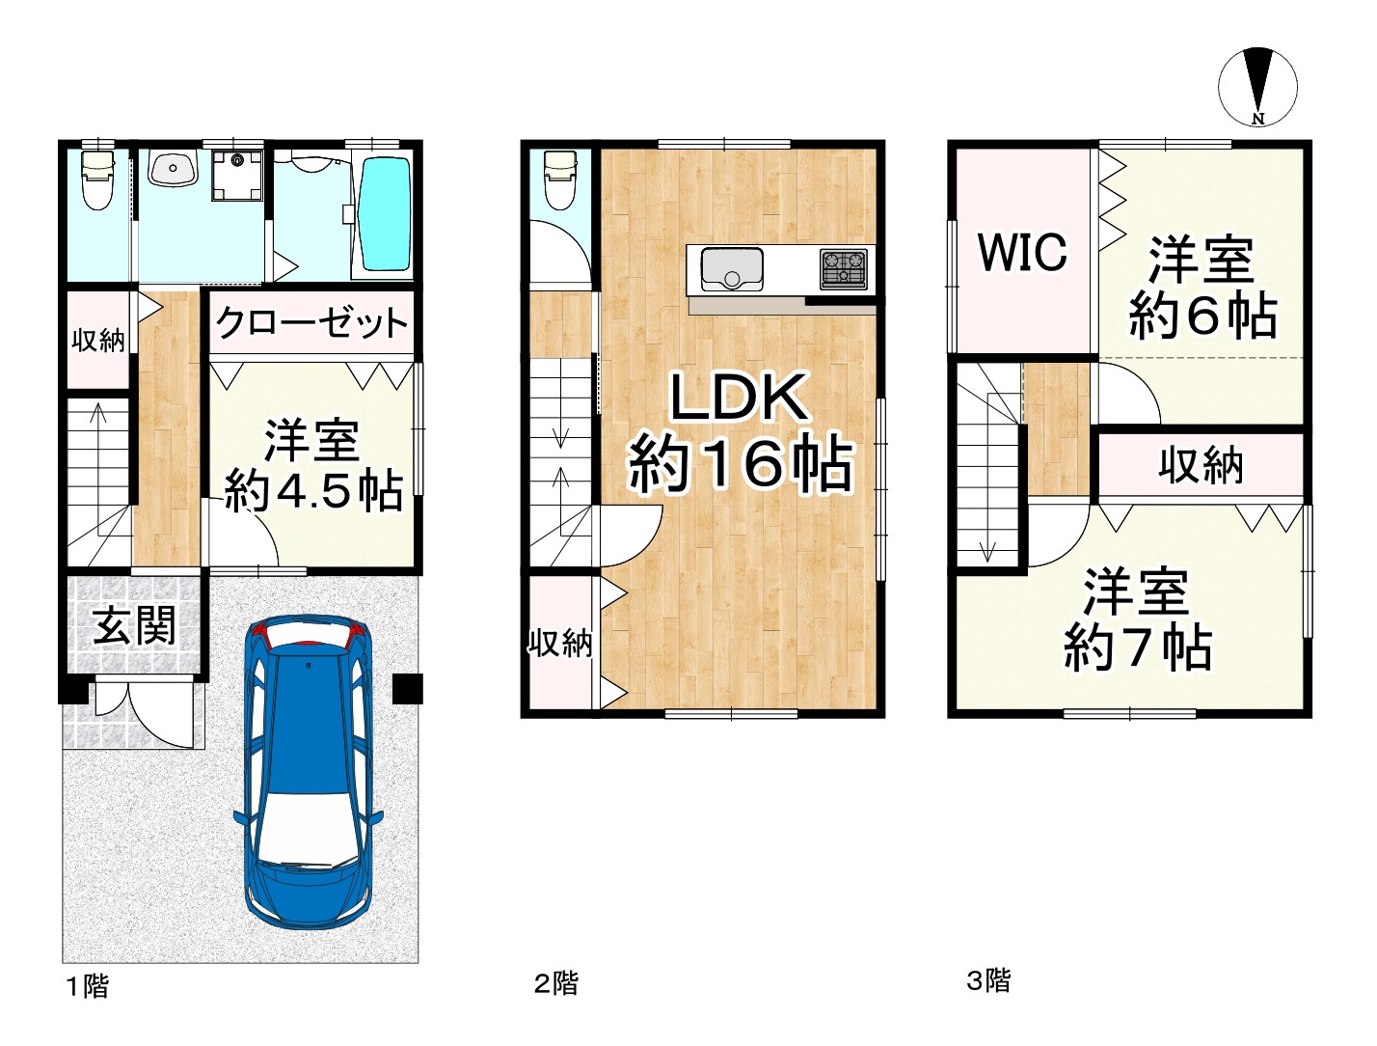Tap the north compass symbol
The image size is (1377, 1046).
click(x=1257, y=87)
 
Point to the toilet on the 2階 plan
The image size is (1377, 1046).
click(x=561, y=179)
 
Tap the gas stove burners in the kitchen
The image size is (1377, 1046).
click(x=844, y=269)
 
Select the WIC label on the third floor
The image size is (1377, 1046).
click(x=1022, y=252)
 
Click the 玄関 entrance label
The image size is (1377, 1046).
click(x=134, y=625)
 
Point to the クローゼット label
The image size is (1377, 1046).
click(x=311, y=323)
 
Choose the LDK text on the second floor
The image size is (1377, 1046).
click(x=739, y=397)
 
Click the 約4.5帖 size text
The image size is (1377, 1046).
click(x=313, y=491)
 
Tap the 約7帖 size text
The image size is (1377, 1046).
click(x=1137, y=648)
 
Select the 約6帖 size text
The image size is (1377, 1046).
click(x=1202, y=316)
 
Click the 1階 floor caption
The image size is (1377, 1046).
click(x=89, y=986)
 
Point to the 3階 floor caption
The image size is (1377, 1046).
click(x=988, y=980)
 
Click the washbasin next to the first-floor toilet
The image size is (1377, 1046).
click(x=173, y=168)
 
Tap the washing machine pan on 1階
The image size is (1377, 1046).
click(x=236, y=176)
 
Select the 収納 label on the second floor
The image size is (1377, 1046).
click(x=559, y=644)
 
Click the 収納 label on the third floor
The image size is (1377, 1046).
click(x=1201, y=466)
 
